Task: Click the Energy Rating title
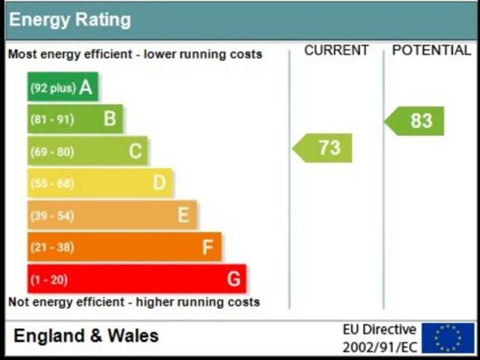click(70, 21)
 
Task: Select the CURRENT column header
click(337, 50)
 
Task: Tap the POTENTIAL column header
click(431, 50)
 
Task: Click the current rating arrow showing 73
click(322, 148)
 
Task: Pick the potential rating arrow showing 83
click(414, 121)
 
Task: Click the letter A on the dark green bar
click(86, 87)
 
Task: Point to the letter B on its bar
click(110, 119)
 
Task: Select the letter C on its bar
click(135, 151)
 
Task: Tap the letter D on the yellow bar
click(159, 183)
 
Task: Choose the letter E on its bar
click(184, 215)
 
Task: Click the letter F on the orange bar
click(207, 247)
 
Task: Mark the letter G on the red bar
click(234, 279)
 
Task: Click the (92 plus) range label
click(53, 88)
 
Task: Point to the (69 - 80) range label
click(53, 152)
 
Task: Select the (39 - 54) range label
click(53, 216)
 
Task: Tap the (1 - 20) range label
click(49, 280)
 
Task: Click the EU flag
click(448, 338)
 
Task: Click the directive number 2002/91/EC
click(380, 348)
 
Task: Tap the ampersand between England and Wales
click(96, 336)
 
